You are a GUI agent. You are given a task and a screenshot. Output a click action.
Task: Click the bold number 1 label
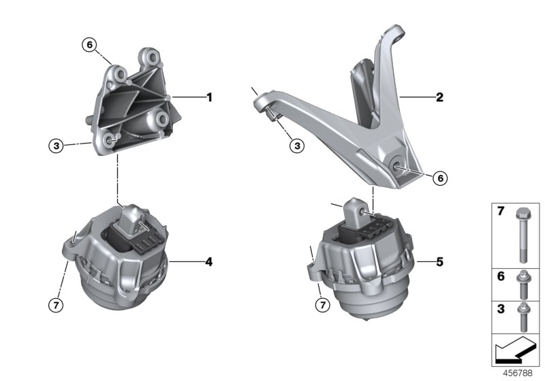click(x=209, y=97)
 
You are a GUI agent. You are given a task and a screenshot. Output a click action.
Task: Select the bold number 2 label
click(x=439, y=97)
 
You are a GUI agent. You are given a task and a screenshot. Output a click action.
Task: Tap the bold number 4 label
click(x=209, y=261)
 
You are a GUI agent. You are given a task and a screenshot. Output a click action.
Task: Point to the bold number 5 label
click(x=439, y=261)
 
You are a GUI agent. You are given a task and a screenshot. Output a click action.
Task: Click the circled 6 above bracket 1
click(x=89, y=45)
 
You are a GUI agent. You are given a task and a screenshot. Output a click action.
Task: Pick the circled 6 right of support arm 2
click(x=439, y=178)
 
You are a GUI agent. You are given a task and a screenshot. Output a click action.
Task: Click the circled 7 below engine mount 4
click(x=57, y=304)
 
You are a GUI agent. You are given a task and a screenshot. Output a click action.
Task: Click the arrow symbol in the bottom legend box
click(x=512, y=352)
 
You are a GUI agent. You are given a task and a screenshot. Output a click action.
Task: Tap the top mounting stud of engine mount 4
click(x=132, y=218)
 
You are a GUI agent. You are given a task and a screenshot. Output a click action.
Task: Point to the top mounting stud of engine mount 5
click(x=356, y=208)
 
